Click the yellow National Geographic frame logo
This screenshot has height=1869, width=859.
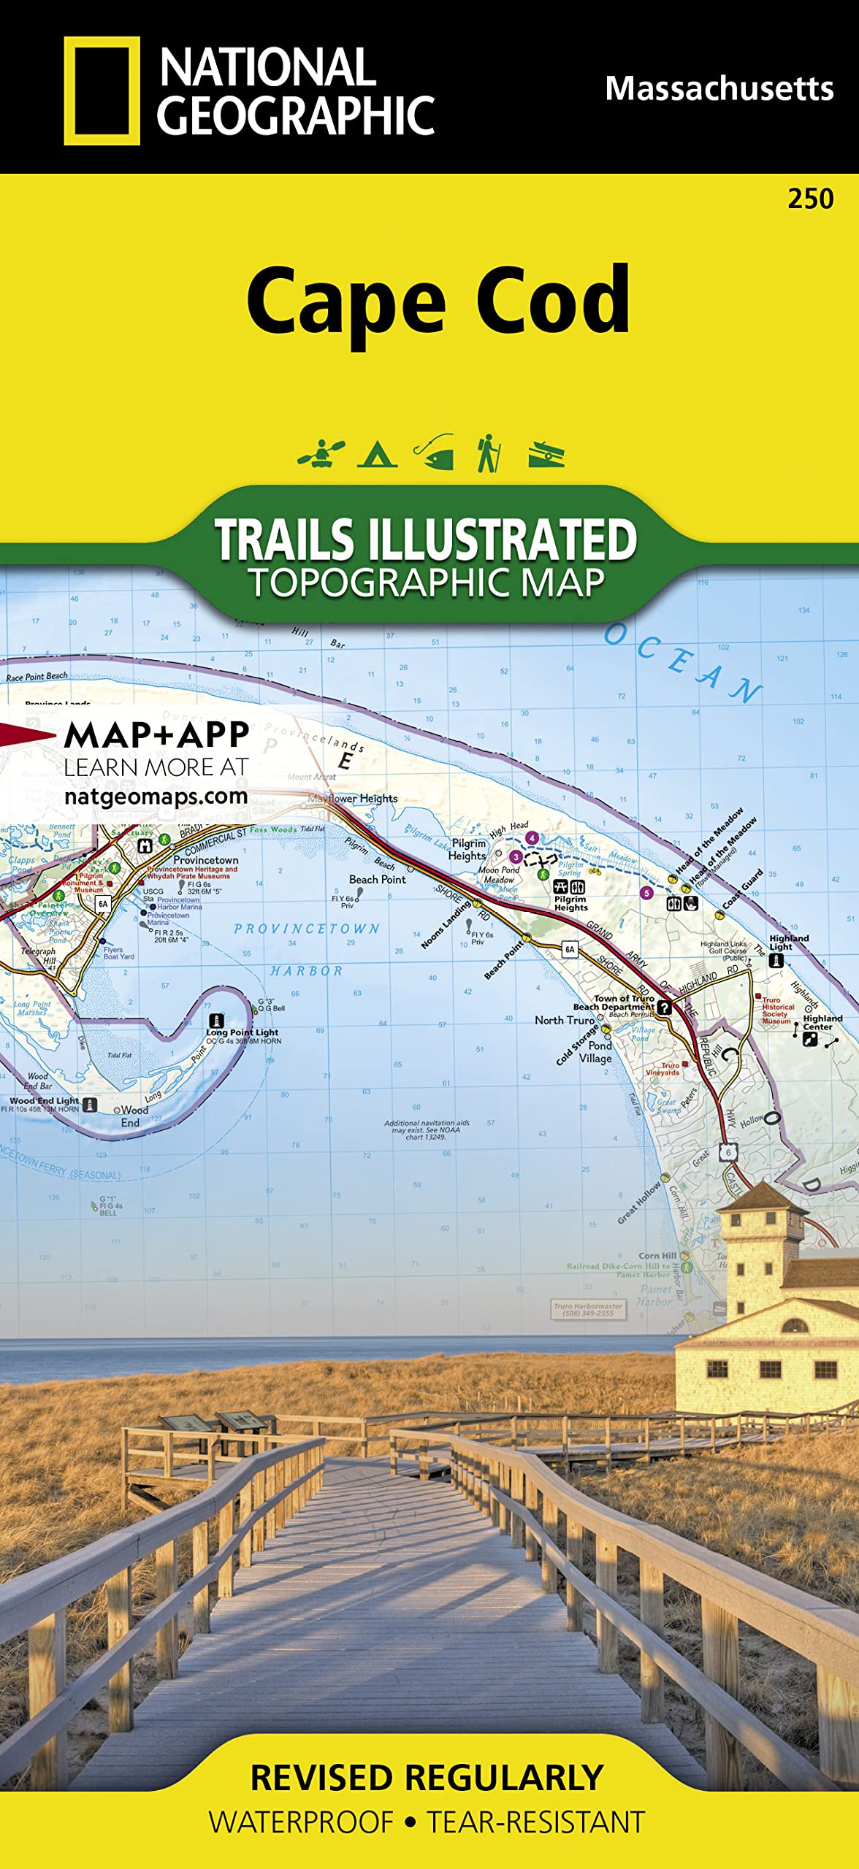pos(102,91)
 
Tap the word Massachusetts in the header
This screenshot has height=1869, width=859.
pos(719,89)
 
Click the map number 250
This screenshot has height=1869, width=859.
pos(810,199)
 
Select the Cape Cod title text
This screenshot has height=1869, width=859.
pos(438,302)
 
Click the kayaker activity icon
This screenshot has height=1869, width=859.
pos(321,453)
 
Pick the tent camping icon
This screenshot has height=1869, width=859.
pos(377,454)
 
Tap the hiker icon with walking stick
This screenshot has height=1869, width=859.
pos(488,453)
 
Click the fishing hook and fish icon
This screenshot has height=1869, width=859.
pos(435,453)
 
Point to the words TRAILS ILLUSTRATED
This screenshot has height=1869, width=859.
pos(426,540)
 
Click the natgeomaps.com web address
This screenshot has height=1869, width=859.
pos(156,796)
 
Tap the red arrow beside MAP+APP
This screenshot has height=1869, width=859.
pos(28,734)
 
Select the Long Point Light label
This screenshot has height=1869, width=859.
pos(242,1032)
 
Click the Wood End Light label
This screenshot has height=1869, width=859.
pos(44,1100)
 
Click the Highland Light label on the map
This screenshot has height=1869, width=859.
pos(788,942)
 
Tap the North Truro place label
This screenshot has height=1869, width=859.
pos(564,1020)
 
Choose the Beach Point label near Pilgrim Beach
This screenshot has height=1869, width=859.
pos(377,879)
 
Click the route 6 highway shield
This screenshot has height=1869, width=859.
pos(728,1153)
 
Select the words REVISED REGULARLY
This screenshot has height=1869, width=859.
pos(427,1778)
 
